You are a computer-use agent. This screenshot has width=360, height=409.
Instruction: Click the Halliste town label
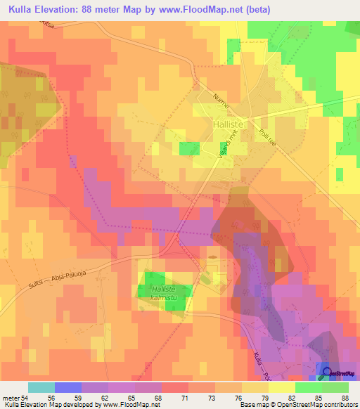point(228,124)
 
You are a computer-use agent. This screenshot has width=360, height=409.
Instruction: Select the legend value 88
point(344,397)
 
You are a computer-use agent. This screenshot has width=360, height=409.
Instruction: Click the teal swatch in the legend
point(41,387)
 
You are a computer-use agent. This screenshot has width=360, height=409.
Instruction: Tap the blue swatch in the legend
point(68,387)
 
